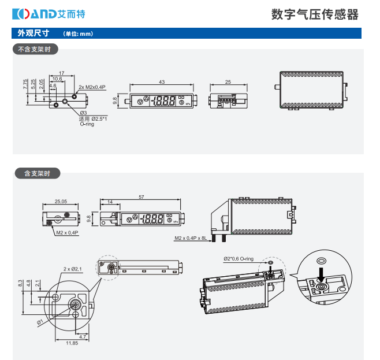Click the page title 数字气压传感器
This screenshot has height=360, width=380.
314,14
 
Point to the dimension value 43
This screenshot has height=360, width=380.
162,82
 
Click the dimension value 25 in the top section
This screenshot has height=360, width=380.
228,82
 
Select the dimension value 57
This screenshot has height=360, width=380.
141,197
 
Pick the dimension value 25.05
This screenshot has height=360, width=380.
61,202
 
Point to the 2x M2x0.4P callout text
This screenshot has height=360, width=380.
92,87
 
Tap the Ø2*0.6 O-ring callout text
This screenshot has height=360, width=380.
239,259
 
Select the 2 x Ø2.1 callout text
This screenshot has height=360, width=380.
73,269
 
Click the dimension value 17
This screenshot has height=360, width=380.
62,73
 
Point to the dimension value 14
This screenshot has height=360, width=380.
110,202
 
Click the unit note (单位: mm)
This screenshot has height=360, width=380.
77,34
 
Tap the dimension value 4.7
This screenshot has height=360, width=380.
82,336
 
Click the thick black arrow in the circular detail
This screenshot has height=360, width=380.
321,270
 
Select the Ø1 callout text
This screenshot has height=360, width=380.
40,321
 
